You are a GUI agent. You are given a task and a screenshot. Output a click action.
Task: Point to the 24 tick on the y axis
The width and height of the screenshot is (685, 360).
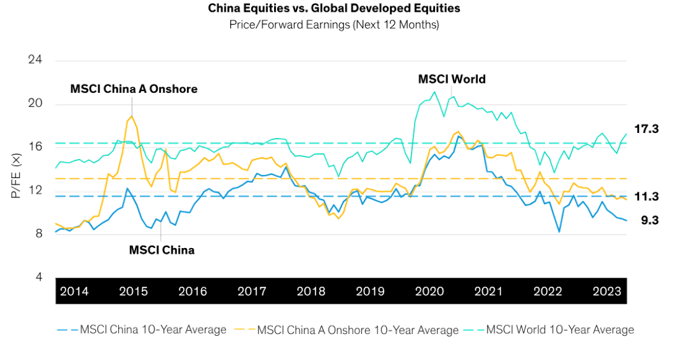click(x=37, y=61)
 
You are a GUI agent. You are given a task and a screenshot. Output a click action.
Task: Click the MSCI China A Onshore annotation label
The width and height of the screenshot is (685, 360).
click(x=133, y=89)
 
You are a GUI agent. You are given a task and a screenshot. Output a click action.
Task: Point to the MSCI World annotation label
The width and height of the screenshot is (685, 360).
click(x=452, y=80)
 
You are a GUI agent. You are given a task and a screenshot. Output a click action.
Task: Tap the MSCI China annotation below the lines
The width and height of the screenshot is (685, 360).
click(x=161, y=251)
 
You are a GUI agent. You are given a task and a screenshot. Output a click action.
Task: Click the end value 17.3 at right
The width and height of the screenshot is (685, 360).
click(x=647, y=129)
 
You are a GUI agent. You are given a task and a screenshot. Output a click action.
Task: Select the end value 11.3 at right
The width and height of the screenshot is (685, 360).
click(x=647, y=197)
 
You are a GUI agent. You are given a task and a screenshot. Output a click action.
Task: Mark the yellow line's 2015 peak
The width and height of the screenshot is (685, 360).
click(x=130, y=116)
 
